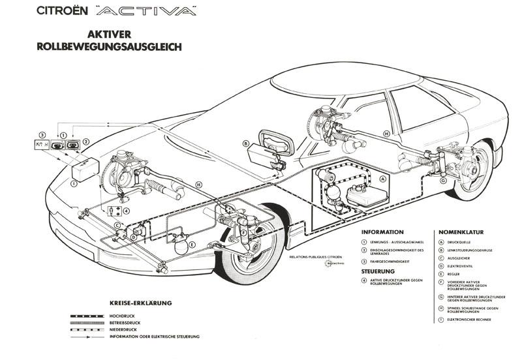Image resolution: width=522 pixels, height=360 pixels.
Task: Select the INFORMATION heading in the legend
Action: point(382,232)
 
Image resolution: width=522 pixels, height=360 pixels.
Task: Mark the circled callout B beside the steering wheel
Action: point(246,143)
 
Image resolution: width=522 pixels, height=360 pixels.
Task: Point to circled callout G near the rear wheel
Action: point(443,181)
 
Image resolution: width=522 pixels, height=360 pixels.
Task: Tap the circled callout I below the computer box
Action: point(74,183)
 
